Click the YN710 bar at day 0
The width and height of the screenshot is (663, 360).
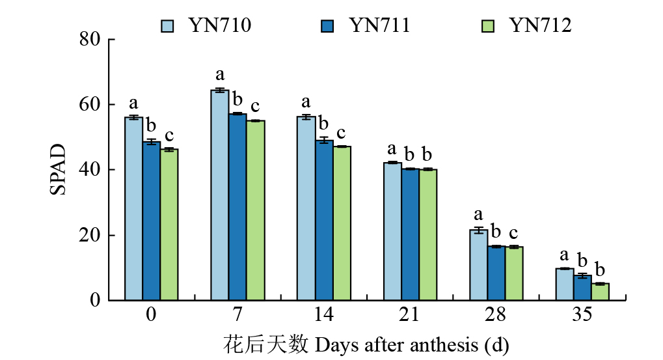134,208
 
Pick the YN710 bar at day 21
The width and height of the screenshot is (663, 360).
392,231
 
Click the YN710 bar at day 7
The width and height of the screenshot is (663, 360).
220,195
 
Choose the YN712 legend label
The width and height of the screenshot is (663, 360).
540,25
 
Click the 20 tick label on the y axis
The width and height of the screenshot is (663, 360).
90,236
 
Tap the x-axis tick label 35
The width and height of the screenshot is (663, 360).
582,315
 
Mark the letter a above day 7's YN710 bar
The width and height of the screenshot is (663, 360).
220,74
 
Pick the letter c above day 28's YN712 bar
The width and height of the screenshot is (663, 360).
513,232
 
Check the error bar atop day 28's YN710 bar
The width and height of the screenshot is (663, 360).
478,230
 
